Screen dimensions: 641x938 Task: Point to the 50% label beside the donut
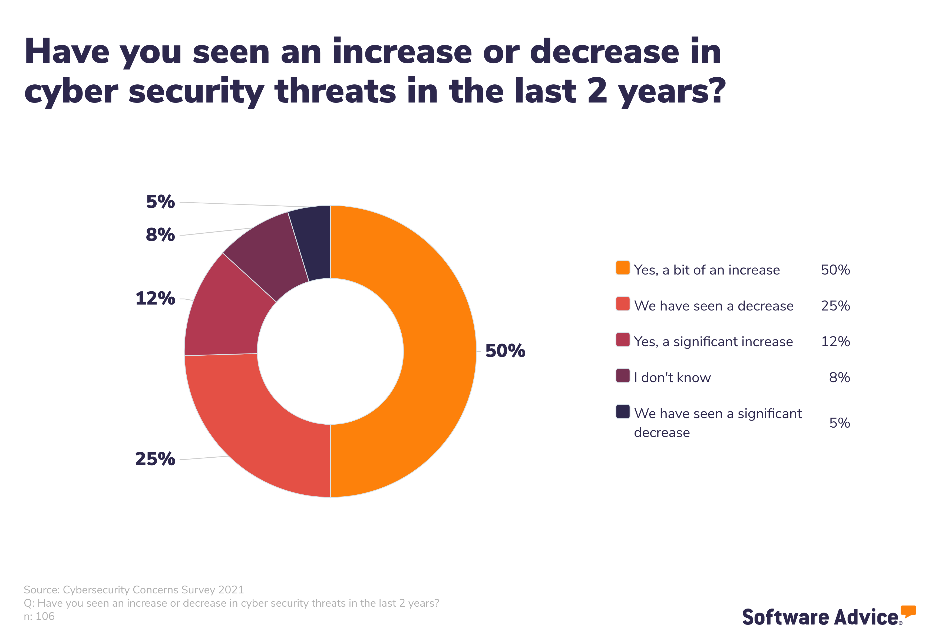click(x=505, y=351)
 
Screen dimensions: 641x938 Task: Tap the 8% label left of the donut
click(x=160, y=235)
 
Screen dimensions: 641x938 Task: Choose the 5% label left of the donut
click(x=160, y=202)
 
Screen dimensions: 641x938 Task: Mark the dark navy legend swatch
click(x=622, y=412)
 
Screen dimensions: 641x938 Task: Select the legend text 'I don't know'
click(x=672, y=377)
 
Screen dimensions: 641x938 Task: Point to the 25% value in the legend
click(x=835, y=306)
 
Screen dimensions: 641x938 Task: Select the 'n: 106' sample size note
click(x=39, y=616)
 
